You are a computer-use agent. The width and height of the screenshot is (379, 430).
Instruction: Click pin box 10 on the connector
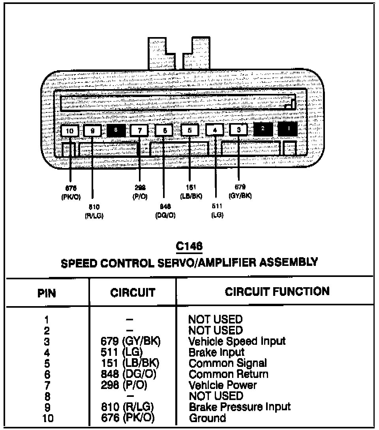(70, 131)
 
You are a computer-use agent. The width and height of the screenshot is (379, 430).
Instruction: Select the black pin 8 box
(116, 131)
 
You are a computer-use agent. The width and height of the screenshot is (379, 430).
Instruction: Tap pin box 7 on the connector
(140, 131)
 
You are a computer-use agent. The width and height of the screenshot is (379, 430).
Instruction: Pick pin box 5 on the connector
(190, 130)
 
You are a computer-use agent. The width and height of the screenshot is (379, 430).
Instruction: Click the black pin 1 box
(288, 129)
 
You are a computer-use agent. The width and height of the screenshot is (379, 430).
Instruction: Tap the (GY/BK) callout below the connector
(240, 196)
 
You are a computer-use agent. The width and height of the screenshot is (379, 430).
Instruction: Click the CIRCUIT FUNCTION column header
(277, 292)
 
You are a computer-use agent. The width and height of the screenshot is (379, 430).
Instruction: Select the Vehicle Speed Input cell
(237, 341)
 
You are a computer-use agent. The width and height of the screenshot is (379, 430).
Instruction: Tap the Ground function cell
(208, 418)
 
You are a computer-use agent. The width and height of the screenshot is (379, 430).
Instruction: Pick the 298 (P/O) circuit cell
(124, 385)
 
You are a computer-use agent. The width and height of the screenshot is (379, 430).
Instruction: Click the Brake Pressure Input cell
(240, 407)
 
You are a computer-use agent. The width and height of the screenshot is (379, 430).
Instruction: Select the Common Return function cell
(229, 374)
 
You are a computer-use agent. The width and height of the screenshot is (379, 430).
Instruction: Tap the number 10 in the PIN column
(47, 418)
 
